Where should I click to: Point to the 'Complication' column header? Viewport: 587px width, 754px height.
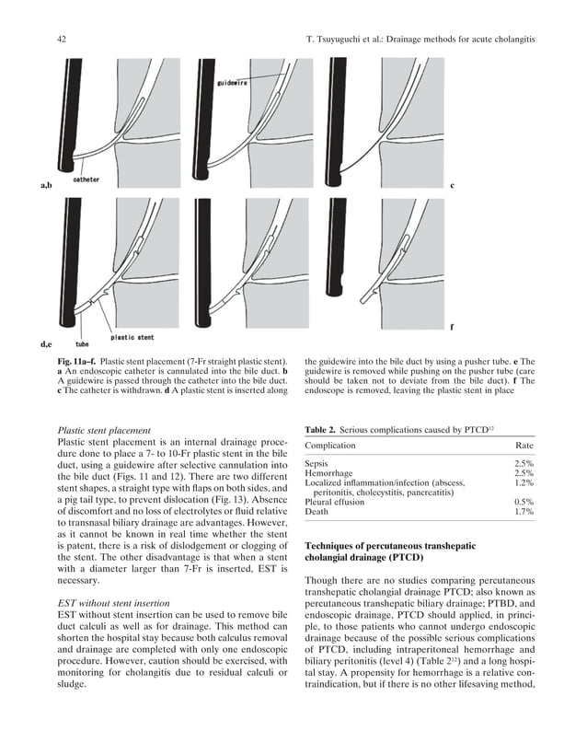coord(330,447)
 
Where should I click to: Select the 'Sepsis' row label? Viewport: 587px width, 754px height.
coord(317,463)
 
